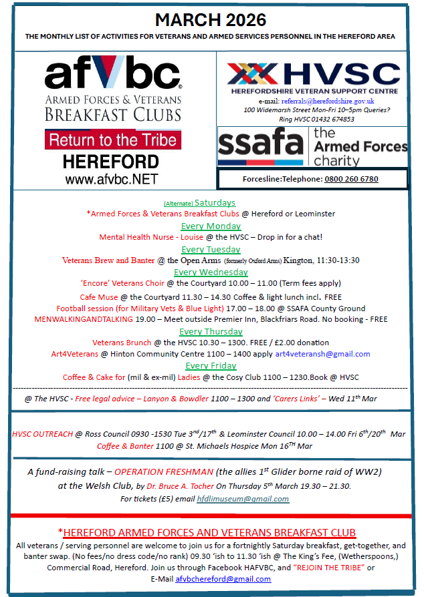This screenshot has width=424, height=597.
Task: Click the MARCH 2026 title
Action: pos(210,19)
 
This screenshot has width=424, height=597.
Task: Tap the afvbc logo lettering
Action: pos(112,75)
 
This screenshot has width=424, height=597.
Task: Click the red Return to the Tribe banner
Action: pos(112,140)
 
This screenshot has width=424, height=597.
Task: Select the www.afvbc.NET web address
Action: pos(112,179)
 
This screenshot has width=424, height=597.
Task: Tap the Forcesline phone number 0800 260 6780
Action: pos(351,179)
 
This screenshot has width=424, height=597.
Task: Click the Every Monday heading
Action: pos(210,226)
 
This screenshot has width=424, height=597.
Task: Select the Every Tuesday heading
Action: pos(211,249)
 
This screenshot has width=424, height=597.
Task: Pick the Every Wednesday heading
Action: pos(211,272)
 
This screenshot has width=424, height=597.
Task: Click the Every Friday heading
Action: pos(211,366)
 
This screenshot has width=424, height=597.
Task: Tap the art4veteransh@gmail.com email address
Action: pos(322,354)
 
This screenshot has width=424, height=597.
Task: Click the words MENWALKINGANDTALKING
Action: pos(79,319)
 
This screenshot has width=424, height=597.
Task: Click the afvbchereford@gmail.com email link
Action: pos(223,579)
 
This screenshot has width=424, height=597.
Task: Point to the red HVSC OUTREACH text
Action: pos(42,434)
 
